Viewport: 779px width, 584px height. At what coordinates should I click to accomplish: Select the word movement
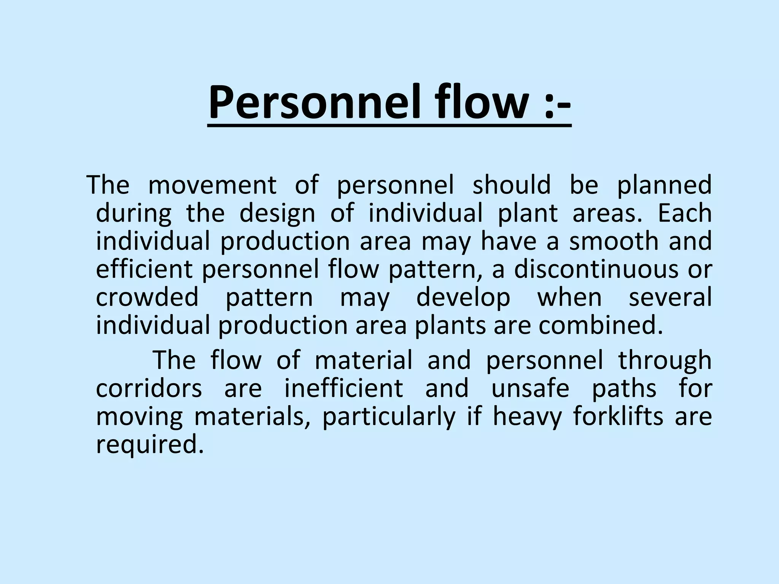(x=212, y=186)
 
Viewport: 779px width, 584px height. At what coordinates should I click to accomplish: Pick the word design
(x=277, y=214)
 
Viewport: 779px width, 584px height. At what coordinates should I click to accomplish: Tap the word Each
(x=685, y=213)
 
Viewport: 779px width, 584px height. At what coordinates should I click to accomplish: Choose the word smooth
(x=614, y=241)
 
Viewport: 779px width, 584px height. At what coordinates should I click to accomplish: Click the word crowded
(x=147, y=297)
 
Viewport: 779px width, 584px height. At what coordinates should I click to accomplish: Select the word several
(x=670, y=297)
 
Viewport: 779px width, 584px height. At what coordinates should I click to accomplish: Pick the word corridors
(x=149, y=389)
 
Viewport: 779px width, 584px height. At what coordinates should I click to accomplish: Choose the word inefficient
(x=343, y=389)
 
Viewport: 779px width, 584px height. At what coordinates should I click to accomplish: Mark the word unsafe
(x=530, y=389)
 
